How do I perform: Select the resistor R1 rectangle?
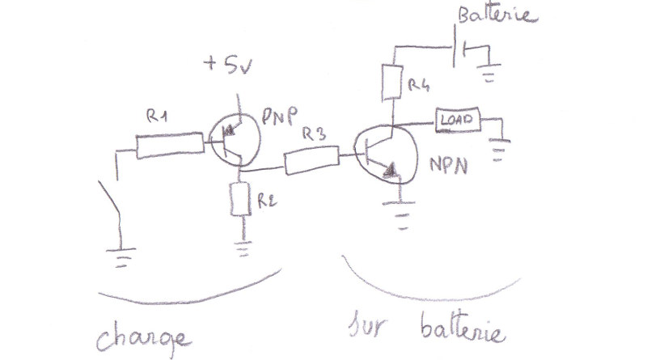[x=170, y=145]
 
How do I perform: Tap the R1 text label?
[x=159, y=118]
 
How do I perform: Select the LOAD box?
[x=459, y=120]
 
